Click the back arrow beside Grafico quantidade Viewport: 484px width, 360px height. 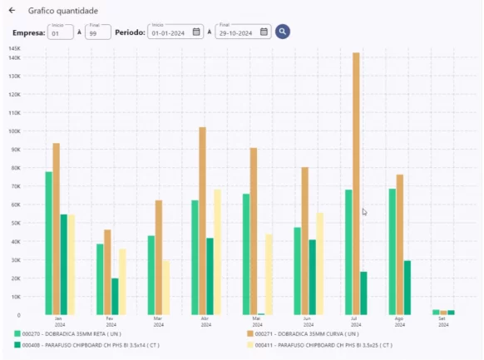(x=12, y=11)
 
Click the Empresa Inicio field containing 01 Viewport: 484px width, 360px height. (x=60, y=32)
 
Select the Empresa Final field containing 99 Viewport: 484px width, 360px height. (x=98, y=32)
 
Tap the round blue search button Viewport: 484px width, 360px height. (x=283, y=32)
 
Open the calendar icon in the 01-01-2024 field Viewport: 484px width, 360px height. (x=196, y=32)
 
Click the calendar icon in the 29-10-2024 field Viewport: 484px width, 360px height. (x=264, y=32)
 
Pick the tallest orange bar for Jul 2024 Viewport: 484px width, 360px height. (x=356, y=183)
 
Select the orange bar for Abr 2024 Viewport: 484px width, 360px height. (x=202, y=220)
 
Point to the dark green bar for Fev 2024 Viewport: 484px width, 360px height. (x=115, y=296)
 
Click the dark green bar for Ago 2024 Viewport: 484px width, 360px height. (x=407, y=287)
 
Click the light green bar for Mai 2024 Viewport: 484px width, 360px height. (x=246, y=254)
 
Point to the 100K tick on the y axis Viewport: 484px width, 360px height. (x=14, y=131)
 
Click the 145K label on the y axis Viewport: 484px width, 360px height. (x=14, y=48)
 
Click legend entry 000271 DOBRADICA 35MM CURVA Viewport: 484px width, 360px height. (x=304, y=333)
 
